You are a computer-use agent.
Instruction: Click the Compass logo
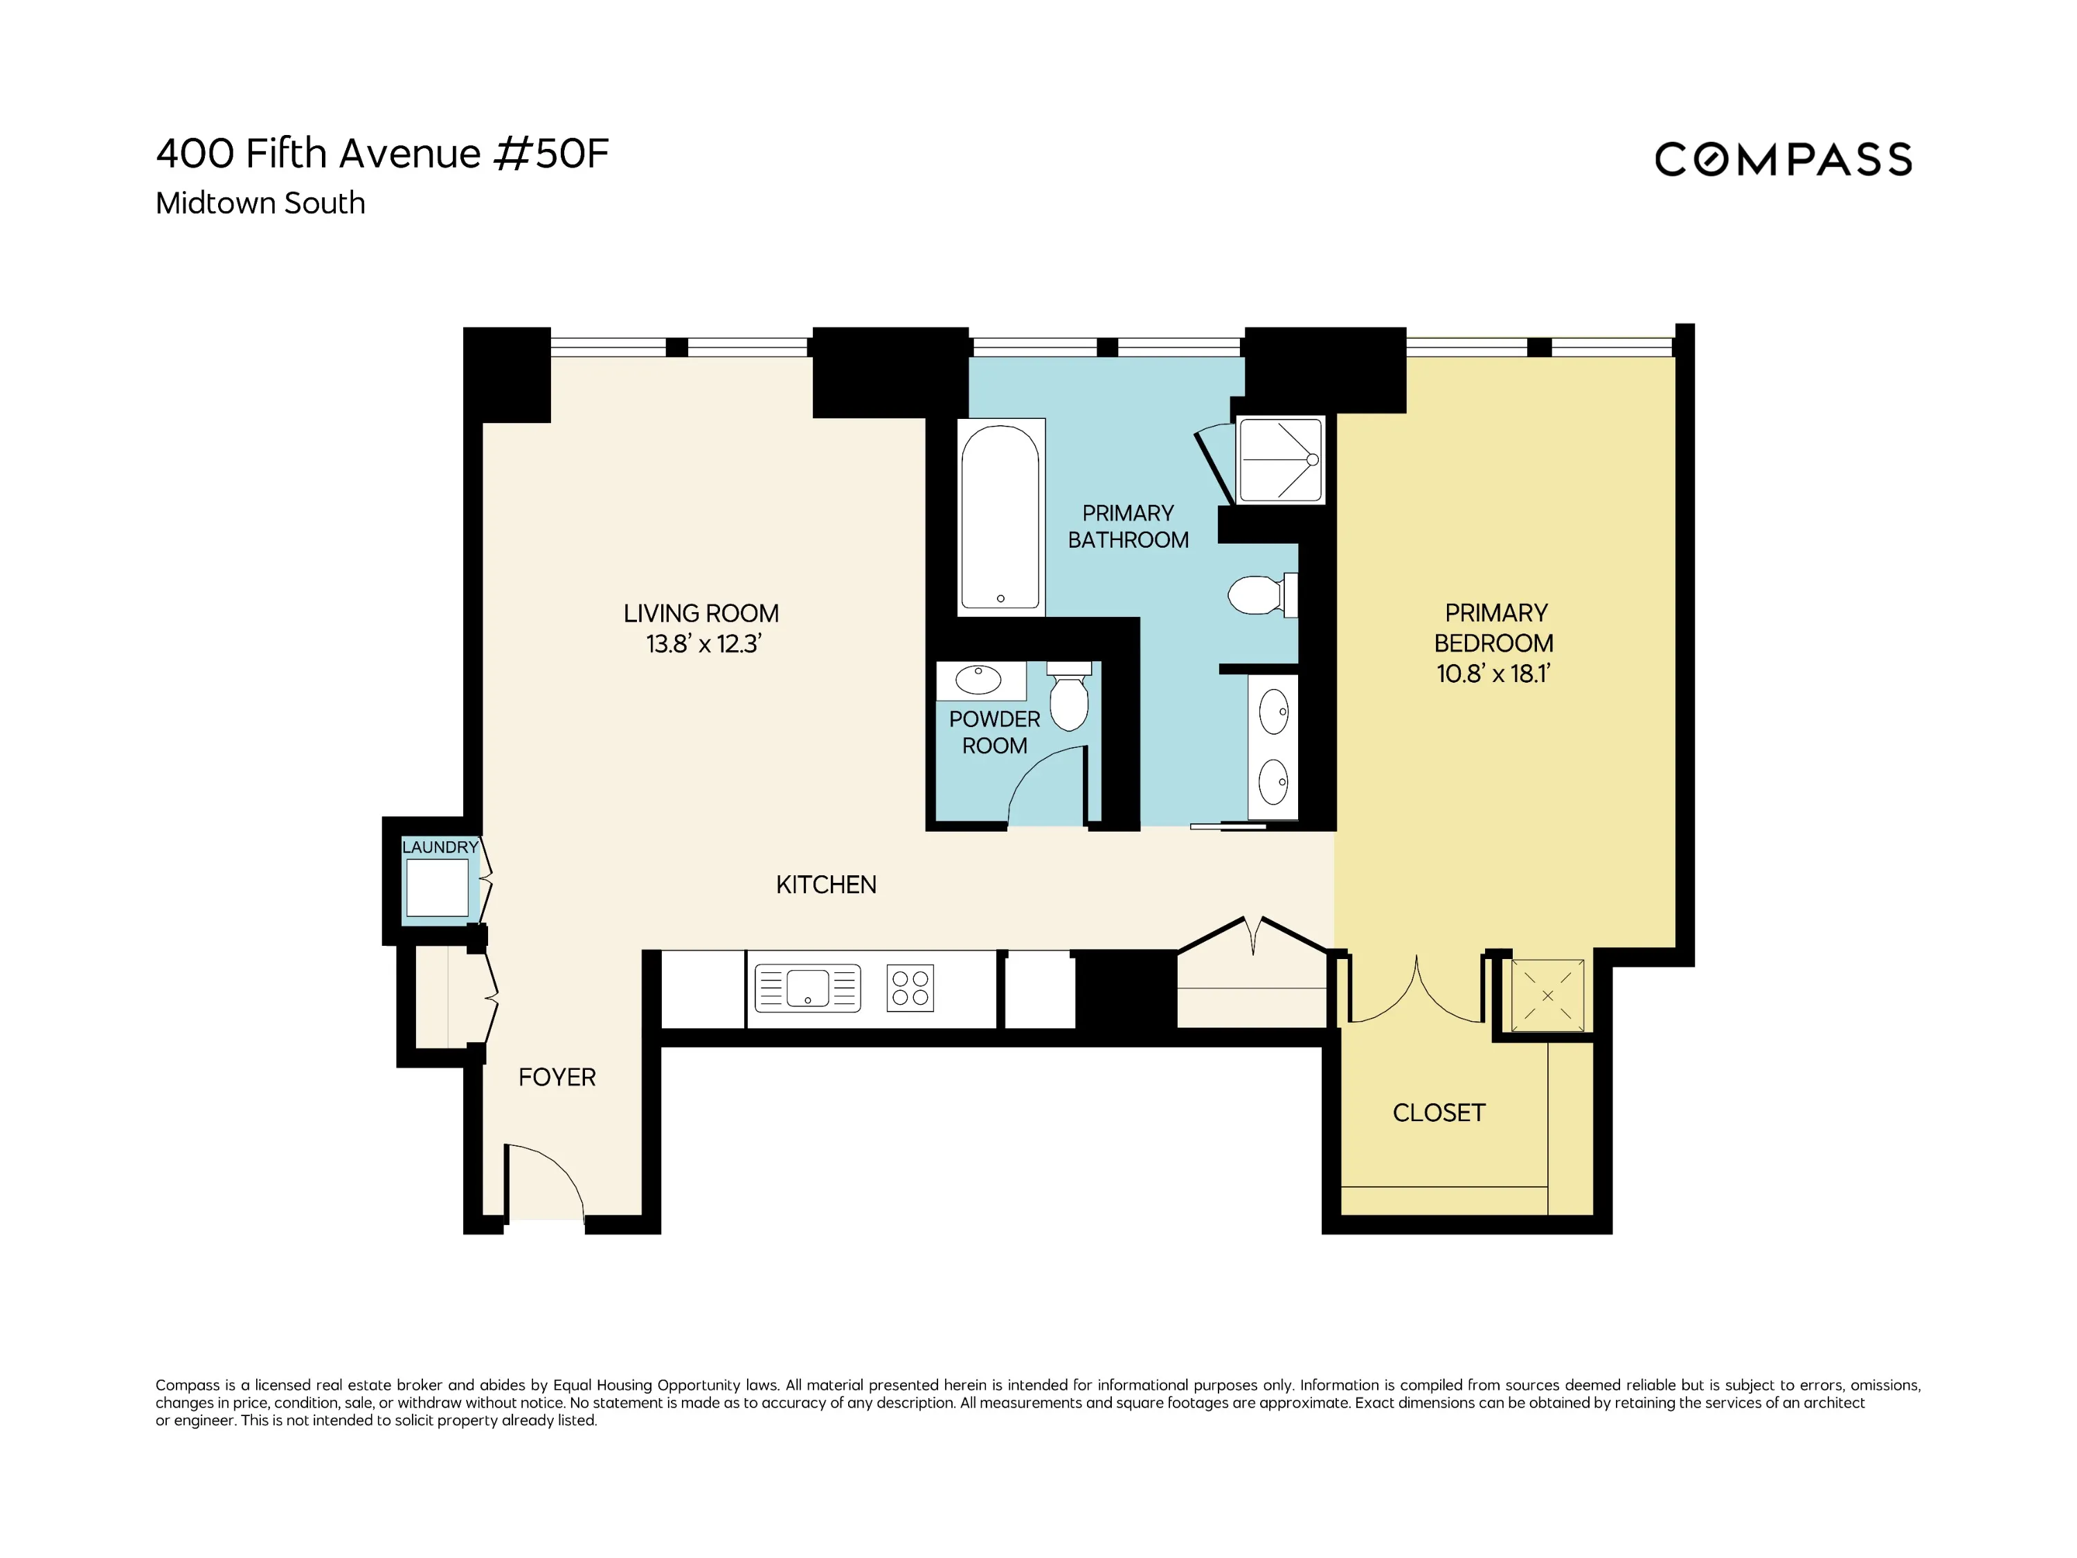point(1782,160)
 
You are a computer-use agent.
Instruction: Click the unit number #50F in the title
point(551,153)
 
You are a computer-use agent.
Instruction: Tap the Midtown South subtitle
point(260,203)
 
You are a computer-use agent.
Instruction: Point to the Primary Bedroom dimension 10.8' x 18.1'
point(1493,673)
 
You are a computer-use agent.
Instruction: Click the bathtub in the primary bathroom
point(1000,517)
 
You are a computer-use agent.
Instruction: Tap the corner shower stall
point(1280,460)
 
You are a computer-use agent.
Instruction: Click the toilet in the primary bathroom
point(1257,594)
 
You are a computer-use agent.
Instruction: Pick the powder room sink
point(978,680)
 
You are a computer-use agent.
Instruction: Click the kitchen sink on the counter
point(807,988)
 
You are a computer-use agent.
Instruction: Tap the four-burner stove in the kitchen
point(910,988)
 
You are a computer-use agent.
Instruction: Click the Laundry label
point(440,847)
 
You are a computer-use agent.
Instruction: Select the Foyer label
point(557,1077)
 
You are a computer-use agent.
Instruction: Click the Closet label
point(1439,1113)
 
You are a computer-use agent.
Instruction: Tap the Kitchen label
point(825,885)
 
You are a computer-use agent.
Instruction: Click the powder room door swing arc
point(1042,784)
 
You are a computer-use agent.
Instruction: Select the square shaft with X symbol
point(1547,996)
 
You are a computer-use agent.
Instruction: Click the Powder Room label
point(994,733)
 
